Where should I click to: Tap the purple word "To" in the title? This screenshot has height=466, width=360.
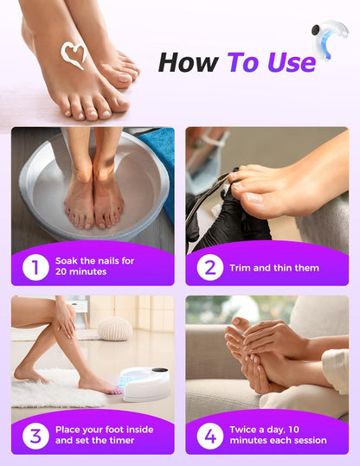tap(246, 62)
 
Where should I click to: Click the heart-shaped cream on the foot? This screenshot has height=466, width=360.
tap(74, 54)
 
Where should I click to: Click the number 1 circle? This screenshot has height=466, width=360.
tap(35, 267)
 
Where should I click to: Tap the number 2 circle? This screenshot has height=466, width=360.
tap(209, 267)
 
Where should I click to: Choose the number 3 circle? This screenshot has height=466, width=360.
tap(35, 435)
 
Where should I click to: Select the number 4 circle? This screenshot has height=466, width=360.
tap(209, 435)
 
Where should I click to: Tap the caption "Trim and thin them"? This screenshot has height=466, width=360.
tap(273, 268)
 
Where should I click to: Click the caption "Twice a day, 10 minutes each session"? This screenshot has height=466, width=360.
tap(278, 435)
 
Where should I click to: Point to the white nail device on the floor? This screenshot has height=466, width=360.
tap(145, 384)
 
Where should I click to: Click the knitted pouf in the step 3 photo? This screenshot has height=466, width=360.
tap(114, 329)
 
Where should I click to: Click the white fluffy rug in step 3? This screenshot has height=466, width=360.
tap(52, 389)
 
